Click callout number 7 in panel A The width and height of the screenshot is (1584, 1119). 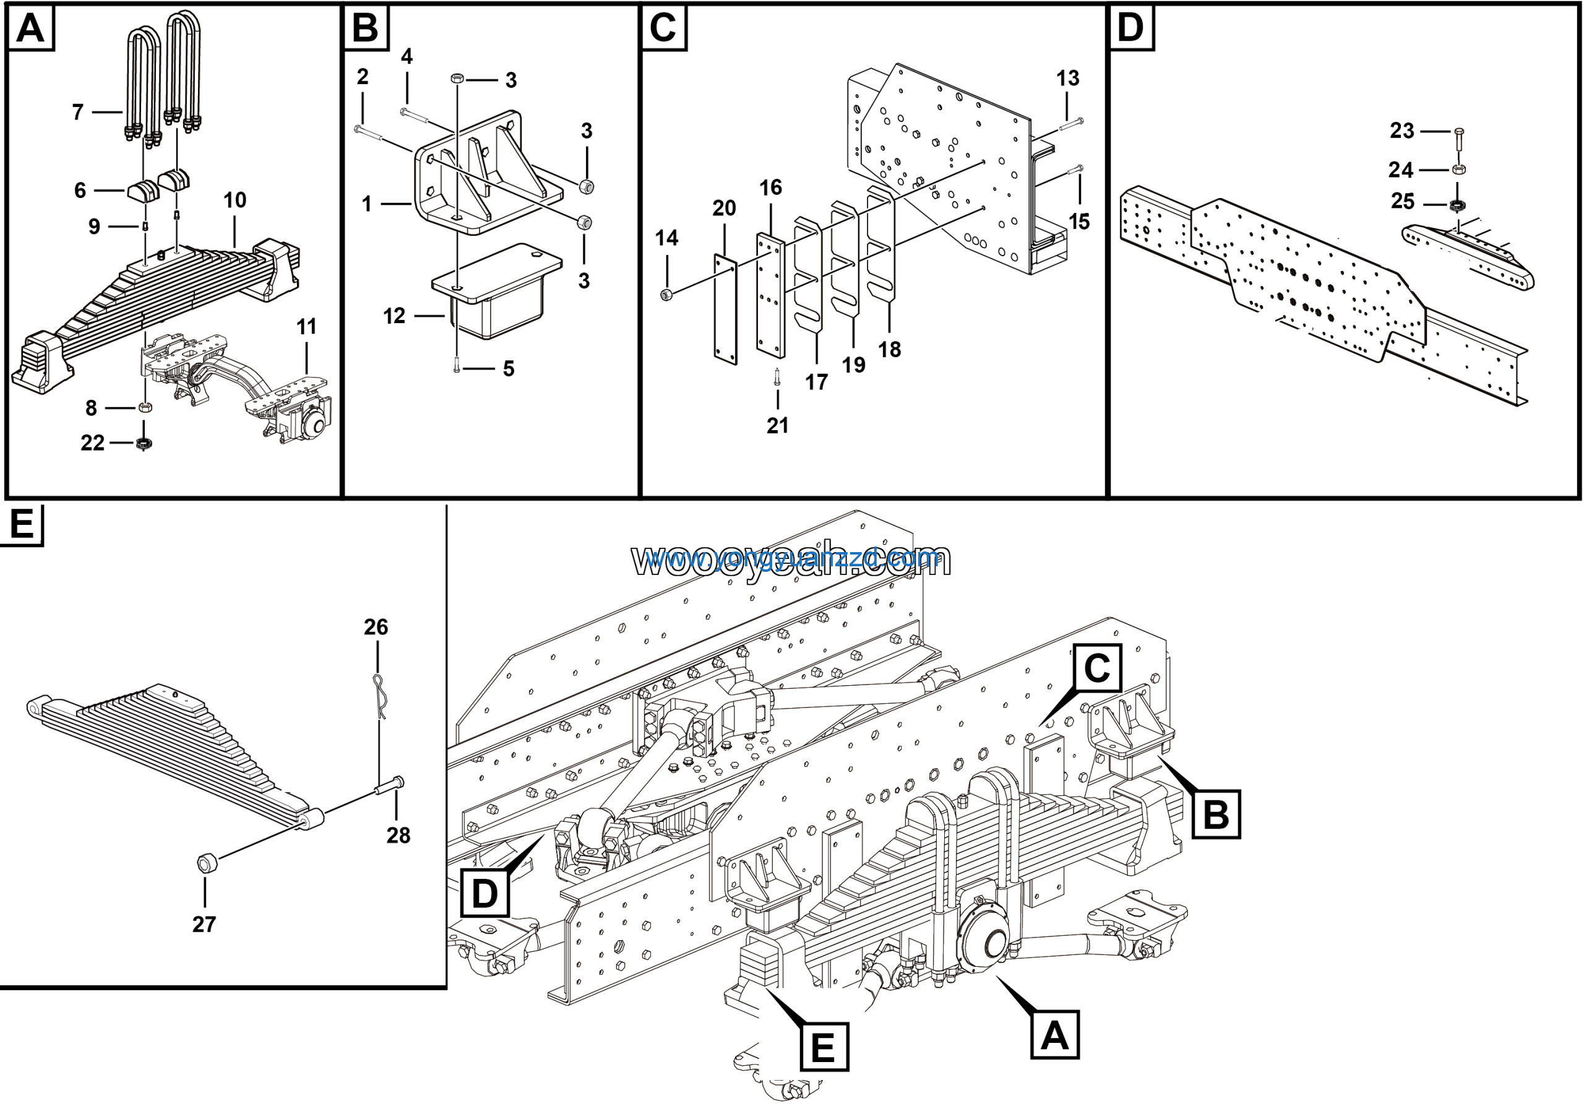tap(78, 112)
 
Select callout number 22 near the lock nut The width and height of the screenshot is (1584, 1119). tap(92, 443)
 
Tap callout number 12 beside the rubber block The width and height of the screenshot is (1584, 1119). tap(394, 316)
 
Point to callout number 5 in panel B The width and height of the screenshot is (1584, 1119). tap(509, 368)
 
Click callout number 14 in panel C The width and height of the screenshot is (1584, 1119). tap(666, 238)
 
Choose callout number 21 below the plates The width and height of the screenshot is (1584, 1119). tap(778, 425)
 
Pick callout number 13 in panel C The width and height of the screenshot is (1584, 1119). tap(1067, 79)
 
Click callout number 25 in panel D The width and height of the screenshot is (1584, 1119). tap(1403, 201)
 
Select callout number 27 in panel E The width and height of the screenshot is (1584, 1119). tap(204, 924)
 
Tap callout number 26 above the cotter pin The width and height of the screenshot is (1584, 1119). tap(376, 626)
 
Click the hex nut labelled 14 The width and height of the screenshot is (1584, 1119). tap(666, 295)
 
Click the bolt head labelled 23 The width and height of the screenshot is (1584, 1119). tap(1458, 132)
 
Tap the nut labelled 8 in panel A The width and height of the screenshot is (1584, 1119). tap(145, 407)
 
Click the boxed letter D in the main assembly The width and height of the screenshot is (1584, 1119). tap(484, 894)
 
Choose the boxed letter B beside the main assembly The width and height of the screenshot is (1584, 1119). tap(1216, 814)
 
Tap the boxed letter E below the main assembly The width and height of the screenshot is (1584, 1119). tap(824, 1047)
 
